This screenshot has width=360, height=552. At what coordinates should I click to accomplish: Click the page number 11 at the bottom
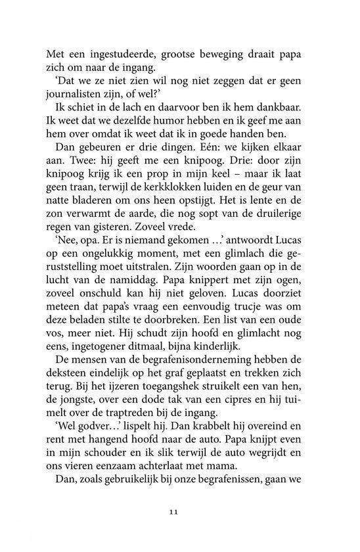[x=179, y=511]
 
